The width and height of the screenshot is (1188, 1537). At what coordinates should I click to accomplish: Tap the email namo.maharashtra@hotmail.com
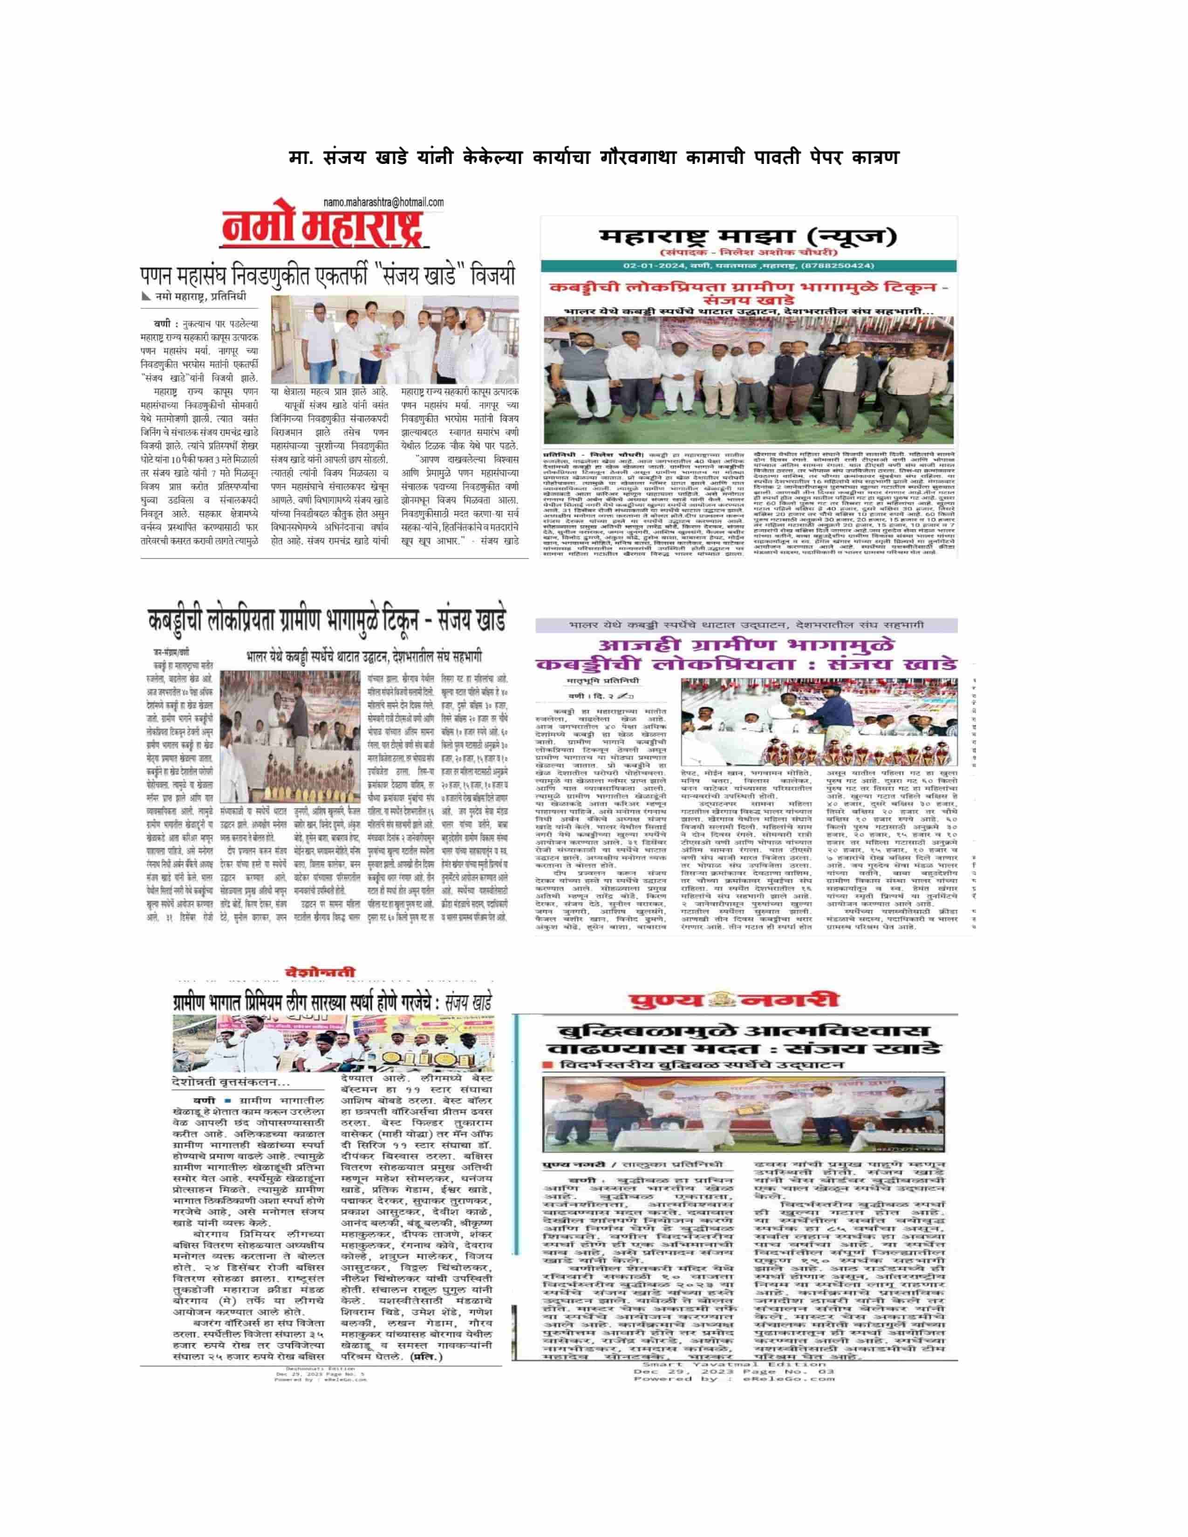tap(383, 203)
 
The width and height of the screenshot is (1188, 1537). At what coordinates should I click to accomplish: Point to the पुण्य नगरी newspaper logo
tap(734, 1000)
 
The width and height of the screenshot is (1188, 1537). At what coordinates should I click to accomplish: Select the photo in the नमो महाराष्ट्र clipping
tap(395, 339)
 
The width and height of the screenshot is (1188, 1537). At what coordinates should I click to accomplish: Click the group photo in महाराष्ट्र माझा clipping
tap(748, 380)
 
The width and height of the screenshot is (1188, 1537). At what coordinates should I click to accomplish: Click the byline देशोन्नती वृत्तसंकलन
tap(231, 1082)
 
